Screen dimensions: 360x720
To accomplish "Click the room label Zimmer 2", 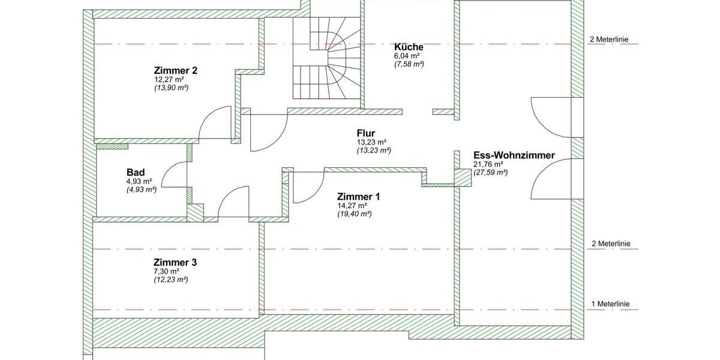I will coord(176,70).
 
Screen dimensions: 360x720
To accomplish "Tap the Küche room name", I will coord(409,47).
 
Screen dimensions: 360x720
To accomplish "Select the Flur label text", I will coord(366,133).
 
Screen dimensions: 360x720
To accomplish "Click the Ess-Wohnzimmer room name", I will coord(514,155).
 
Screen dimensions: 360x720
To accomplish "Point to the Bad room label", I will coord(135,172).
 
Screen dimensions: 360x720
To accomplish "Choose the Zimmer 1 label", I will coord(358,197).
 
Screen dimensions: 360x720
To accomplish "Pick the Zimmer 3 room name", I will coord(175,262).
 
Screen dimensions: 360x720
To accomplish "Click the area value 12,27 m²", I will coord(169,79).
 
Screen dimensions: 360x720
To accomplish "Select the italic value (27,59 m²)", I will coord(490,172).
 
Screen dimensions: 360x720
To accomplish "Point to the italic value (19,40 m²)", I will coord(354,214).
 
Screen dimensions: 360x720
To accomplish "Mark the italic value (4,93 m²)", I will coord(141,189).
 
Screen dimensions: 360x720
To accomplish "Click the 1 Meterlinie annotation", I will coord(610,304).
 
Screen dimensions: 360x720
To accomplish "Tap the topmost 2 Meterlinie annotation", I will coord(609,40).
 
